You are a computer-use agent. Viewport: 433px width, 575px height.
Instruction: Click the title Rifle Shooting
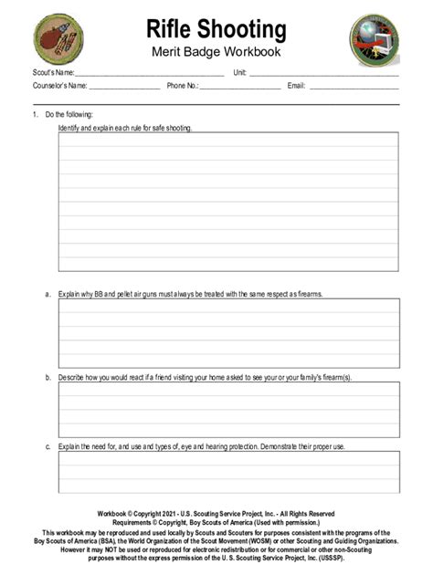coord(216,29)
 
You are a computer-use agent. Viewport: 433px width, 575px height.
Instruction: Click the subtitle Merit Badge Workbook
coord(216,52)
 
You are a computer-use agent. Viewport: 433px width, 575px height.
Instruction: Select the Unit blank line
coord(324,74)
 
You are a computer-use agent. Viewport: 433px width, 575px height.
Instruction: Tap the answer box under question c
coord(228,472)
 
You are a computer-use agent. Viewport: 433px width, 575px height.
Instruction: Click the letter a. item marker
coord(48,294)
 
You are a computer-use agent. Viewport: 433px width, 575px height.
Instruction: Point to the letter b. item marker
coord(48,376)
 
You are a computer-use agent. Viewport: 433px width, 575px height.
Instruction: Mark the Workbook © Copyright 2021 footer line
coord(216,513)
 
